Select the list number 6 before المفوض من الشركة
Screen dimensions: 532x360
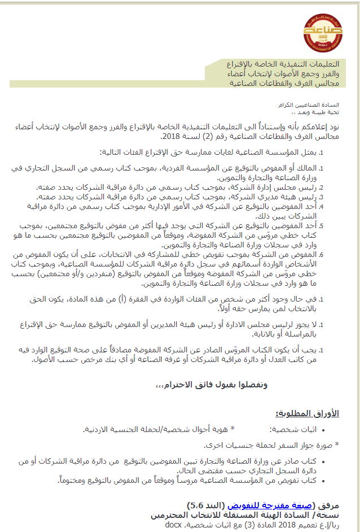click(321, 254)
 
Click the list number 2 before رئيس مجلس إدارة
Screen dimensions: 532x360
click(321, 187)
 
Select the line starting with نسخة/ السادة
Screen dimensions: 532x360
click(253, 515)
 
